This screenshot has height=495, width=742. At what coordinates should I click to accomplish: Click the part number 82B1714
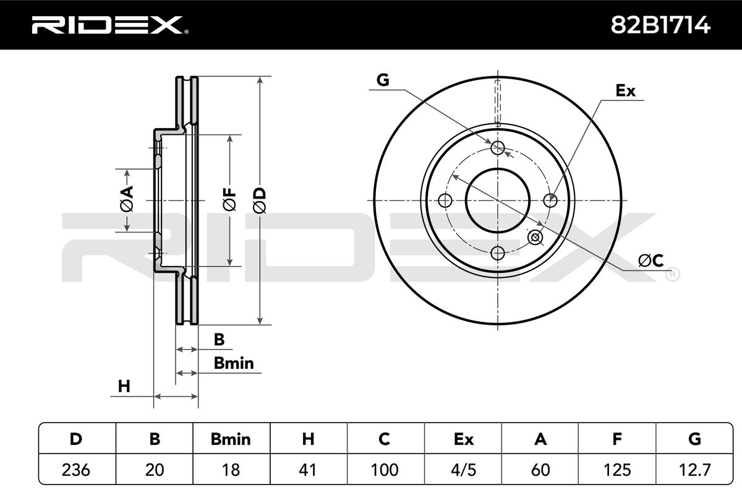[661, 24]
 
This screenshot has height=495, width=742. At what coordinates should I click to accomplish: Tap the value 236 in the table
[77, 470]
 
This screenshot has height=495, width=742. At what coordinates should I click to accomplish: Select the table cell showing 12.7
[694, 470]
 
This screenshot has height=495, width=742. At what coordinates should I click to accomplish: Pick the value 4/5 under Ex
[463, 470]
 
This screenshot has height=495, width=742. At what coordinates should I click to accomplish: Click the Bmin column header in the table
[231, 439]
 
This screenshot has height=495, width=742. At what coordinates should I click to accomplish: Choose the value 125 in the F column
[616, 470]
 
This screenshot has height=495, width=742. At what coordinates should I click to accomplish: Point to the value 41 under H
[308, 470]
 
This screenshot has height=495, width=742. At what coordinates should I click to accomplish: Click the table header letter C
[385, 439]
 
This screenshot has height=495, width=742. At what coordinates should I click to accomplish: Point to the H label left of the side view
[124, 387]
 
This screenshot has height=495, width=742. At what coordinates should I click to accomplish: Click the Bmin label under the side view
[233, 363]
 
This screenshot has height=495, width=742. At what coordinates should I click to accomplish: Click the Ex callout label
[625, 91]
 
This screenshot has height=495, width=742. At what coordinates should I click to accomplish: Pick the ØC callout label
[650, 260]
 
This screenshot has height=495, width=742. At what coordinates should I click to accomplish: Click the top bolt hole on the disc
[498, 147]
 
